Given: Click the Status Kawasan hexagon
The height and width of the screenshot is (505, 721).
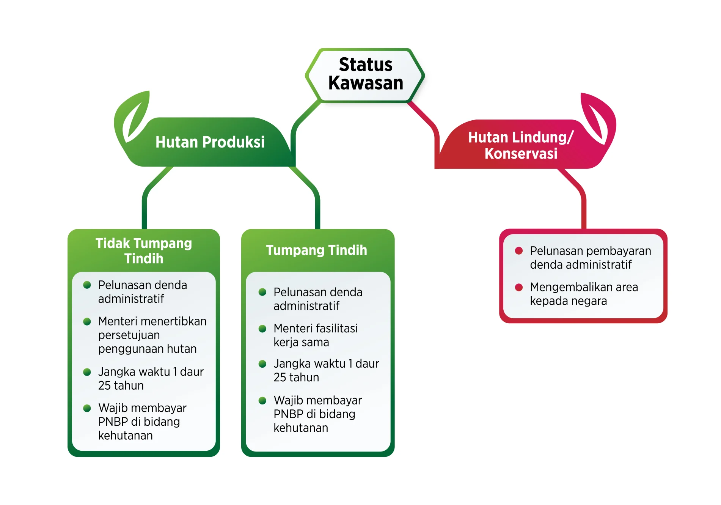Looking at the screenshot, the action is click(365, 75).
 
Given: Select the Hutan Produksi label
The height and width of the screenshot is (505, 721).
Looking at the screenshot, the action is click(210, 142).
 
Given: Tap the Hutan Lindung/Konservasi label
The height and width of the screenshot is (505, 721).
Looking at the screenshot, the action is click(521, 145).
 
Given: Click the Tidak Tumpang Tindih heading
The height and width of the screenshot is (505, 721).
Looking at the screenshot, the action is click(144, 251).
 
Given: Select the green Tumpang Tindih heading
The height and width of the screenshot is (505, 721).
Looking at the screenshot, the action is click(317, 250).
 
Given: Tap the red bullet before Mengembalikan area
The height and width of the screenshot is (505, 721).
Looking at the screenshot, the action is click(519, 287).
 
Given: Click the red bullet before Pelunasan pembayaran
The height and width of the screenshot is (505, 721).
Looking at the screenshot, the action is click(519, 250).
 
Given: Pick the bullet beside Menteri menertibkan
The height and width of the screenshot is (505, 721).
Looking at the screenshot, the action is click(87, 321).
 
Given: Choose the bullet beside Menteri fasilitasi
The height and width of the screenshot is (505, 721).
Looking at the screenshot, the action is click(262, 329).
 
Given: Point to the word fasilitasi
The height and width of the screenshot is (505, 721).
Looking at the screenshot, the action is click(337, 328).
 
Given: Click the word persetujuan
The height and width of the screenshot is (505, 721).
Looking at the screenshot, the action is click(129, 335).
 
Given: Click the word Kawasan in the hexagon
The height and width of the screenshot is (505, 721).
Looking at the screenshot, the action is click(366, 83).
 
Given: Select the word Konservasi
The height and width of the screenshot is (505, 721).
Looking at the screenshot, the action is click(521, 154).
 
